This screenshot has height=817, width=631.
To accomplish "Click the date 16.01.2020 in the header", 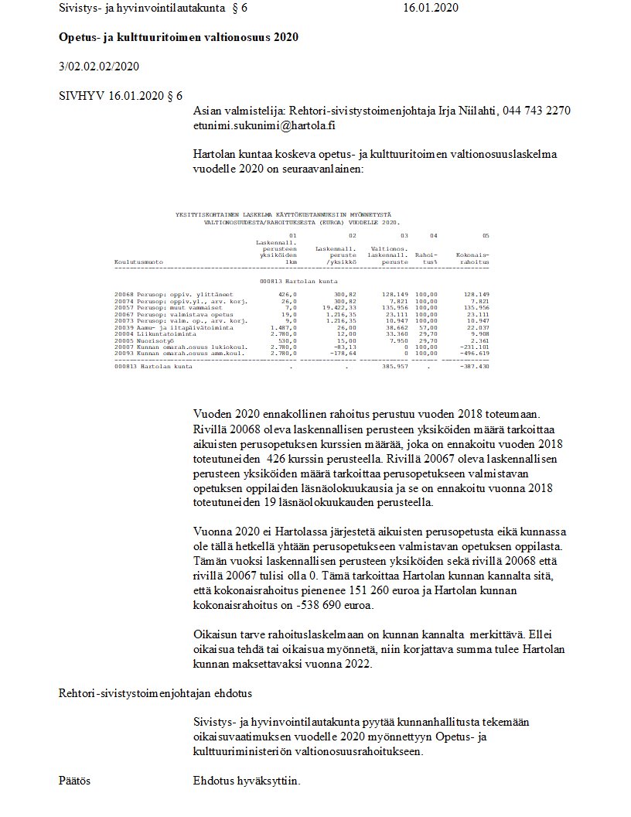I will tap(431, 8).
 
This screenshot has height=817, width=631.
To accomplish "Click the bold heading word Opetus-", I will tap(78, 37).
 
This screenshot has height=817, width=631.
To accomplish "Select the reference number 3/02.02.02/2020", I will tap(99, 67).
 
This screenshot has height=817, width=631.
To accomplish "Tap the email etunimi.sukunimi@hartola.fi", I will tap(264, 125).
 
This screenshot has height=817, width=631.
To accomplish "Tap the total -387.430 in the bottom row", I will tap(472, 366).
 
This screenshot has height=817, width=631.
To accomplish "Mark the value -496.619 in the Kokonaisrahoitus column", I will tap(472, 353).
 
